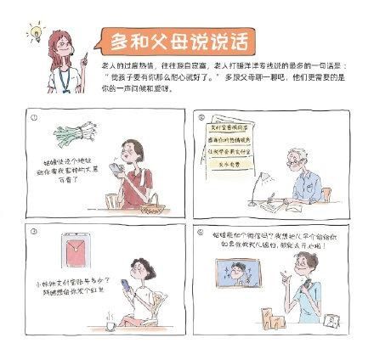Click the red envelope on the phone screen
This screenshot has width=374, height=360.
(x=76, y=253)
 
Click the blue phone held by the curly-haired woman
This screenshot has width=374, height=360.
(x=124, y=285)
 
